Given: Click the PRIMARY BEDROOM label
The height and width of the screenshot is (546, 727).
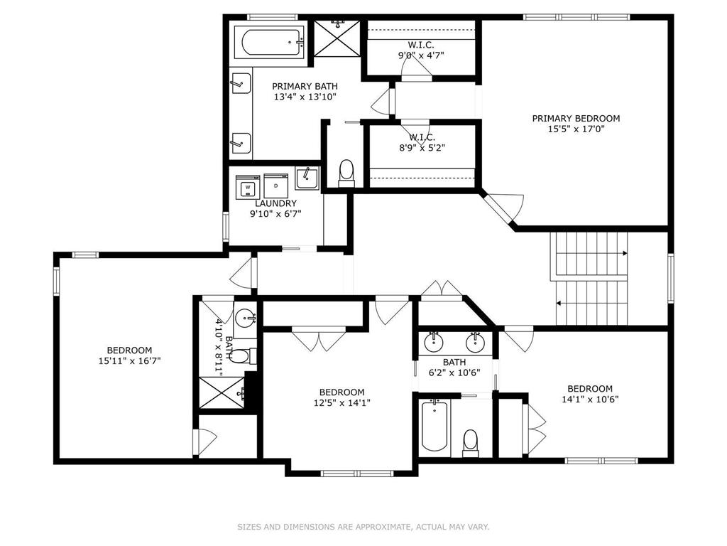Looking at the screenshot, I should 576,118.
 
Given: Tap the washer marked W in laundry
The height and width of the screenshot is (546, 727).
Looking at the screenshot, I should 247,187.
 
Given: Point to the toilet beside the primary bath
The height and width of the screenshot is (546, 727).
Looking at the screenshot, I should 346,173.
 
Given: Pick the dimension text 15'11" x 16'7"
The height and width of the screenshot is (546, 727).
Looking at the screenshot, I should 129,360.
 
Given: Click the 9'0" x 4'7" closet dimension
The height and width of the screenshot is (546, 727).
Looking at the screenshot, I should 421,55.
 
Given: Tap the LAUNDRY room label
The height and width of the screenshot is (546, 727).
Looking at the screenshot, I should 273,203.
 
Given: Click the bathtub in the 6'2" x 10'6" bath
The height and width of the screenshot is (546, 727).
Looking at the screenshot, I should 434,426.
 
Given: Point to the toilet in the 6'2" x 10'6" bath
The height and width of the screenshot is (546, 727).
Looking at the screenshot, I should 471,442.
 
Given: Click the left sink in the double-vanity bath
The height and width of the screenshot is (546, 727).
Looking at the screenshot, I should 434,343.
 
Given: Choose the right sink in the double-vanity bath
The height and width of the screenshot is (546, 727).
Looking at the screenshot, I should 475,343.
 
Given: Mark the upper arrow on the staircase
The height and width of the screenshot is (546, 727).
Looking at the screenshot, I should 624,253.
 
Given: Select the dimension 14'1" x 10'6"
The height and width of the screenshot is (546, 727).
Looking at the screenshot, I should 589,399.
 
